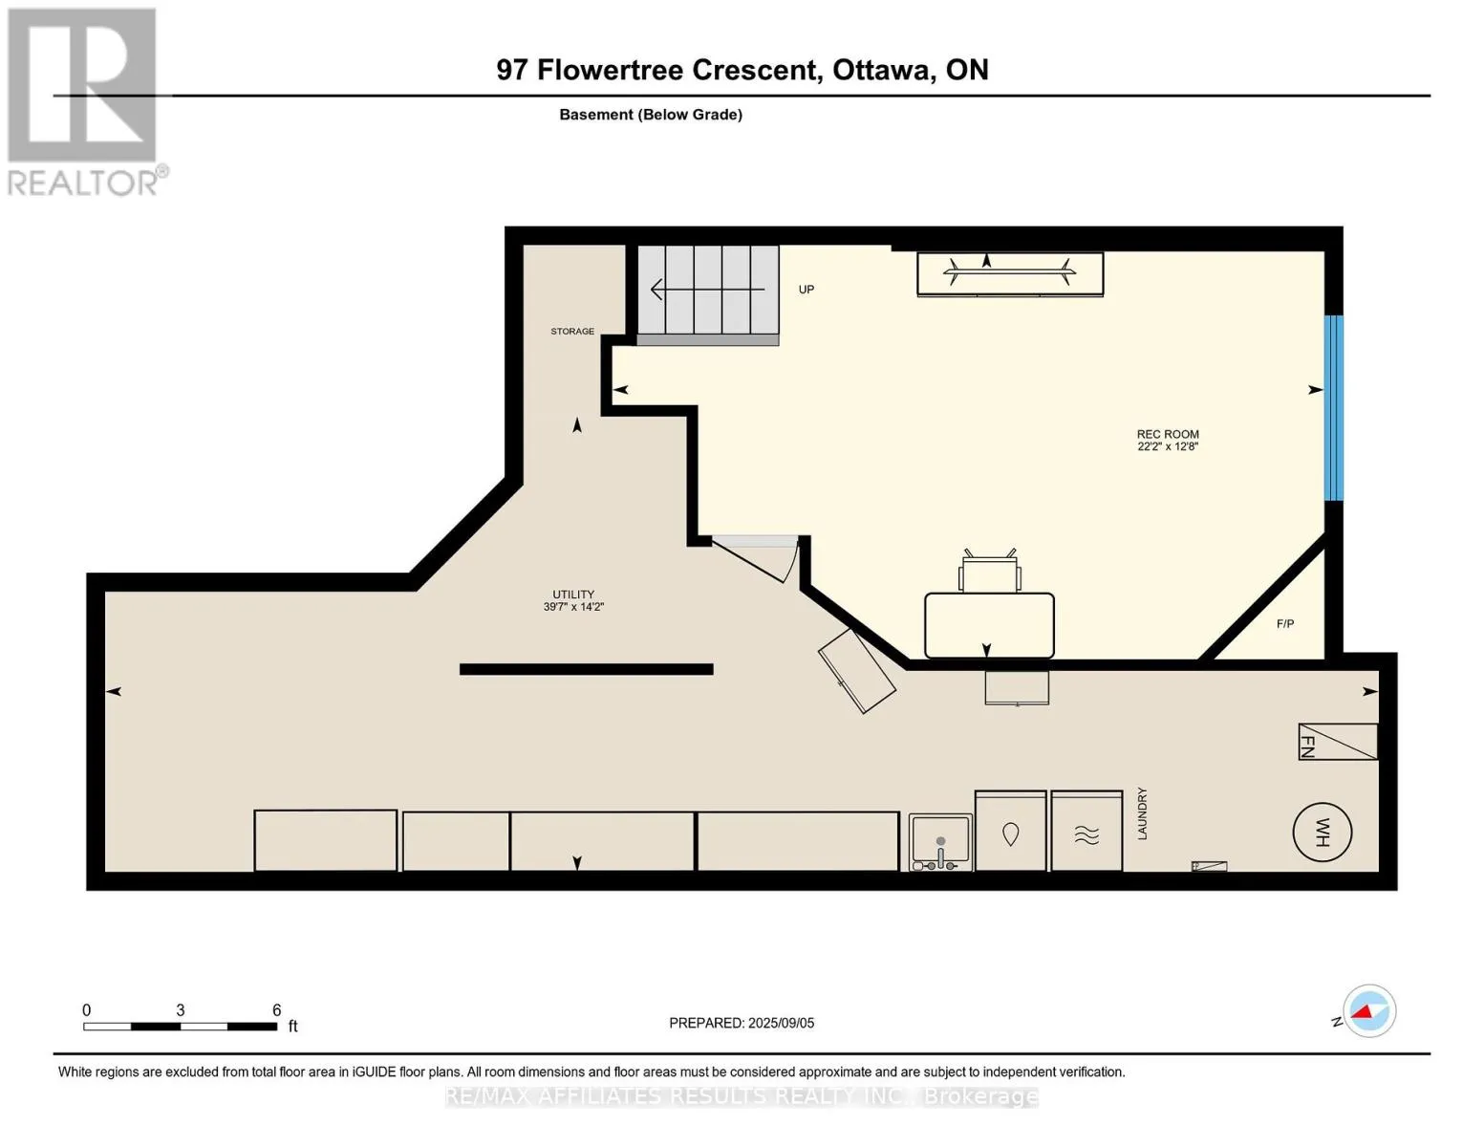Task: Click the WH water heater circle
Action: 1322,833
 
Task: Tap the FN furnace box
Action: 1337,741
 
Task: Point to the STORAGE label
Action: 572,332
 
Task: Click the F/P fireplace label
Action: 1284,624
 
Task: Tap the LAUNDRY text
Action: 1142,813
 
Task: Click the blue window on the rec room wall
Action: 1333,408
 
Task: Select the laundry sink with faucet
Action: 940,843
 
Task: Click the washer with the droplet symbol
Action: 1010,831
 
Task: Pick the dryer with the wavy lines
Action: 1086,831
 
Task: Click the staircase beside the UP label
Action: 707,294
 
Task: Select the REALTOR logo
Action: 86,102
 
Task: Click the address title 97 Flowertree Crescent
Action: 742,70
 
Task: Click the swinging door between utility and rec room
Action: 755,559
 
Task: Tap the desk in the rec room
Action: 989,625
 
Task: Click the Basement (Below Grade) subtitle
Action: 650,115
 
